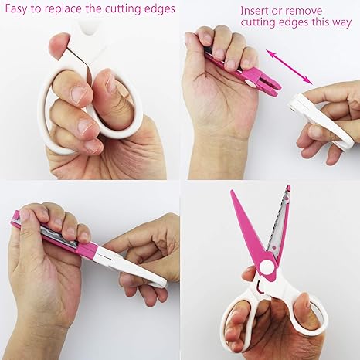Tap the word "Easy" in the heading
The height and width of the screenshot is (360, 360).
click(x=16, y=9)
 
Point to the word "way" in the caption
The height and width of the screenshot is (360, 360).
click(x=341, y=22)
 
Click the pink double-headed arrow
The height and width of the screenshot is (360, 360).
click(x=289, y=67)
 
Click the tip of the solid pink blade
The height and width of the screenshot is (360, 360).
click(x=232, y=191)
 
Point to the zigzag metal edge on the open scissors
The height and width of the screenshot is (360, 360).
click(x=278, y=219)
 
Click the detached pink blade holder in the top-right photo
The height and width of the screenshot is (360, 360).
click(x=242, y=73)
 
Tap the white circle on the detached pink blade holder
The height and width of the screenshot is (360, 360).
click(x=250, y=83)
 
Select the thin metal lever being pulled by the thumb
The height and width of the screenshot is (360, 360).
click(x=80, y=64)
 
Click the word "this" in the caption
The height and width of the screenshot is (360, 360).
click(x=321, y=22)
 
